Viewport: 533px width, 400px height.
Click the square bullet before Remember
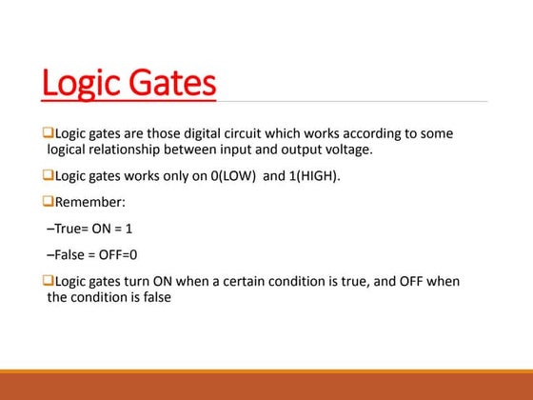(x=48, y=202)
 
